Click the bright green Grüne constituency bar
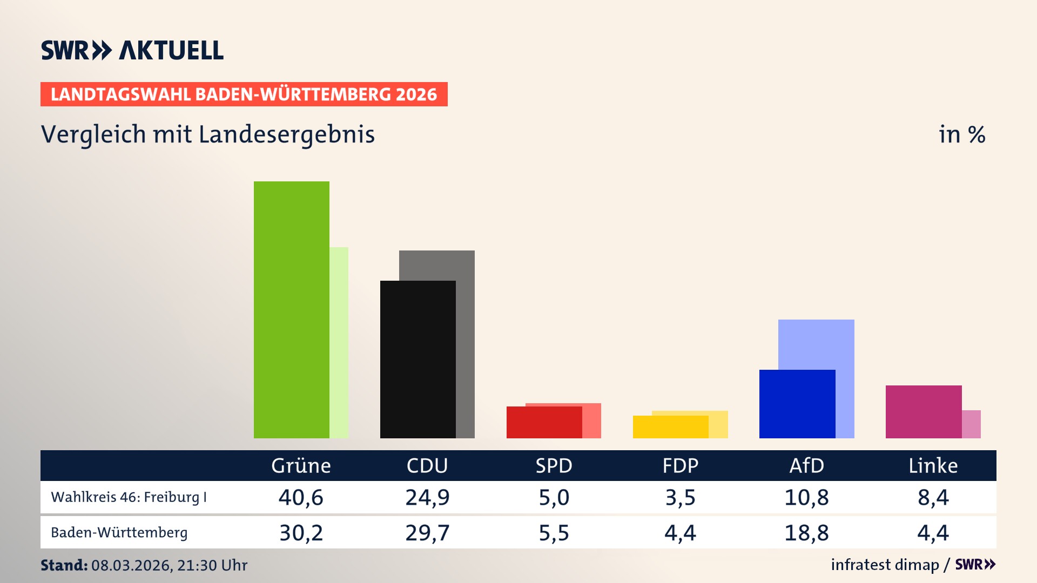tap(292, 310)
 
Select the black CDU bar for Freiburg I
tap(418, 359)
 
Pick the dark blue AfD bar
tap(797, 404)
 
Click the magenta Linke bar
tap(924, 411)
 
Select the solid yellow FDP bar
tap(670, 427)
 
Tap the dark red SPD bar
tap(544, 422)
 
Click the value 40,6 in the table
tap(301, 497)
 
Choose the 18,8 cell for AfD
tap(806, 533)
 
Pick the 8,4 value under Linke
tap(933, 497)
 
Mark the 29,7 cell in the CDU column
tap(427, 533)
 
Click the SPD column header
tap(554, 465)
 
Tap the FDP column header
tap(680, 465)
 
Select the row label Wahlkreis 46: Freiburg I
tap(129, 497)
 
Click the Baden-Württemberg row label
tap(119, 533)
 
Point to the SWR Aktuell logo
tap(132, 50)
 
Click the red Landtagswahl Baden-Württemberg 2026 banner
tap(244, 94)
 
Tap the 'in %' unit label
tap(961, 134)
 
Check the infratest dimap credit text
tap(885, 565)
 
